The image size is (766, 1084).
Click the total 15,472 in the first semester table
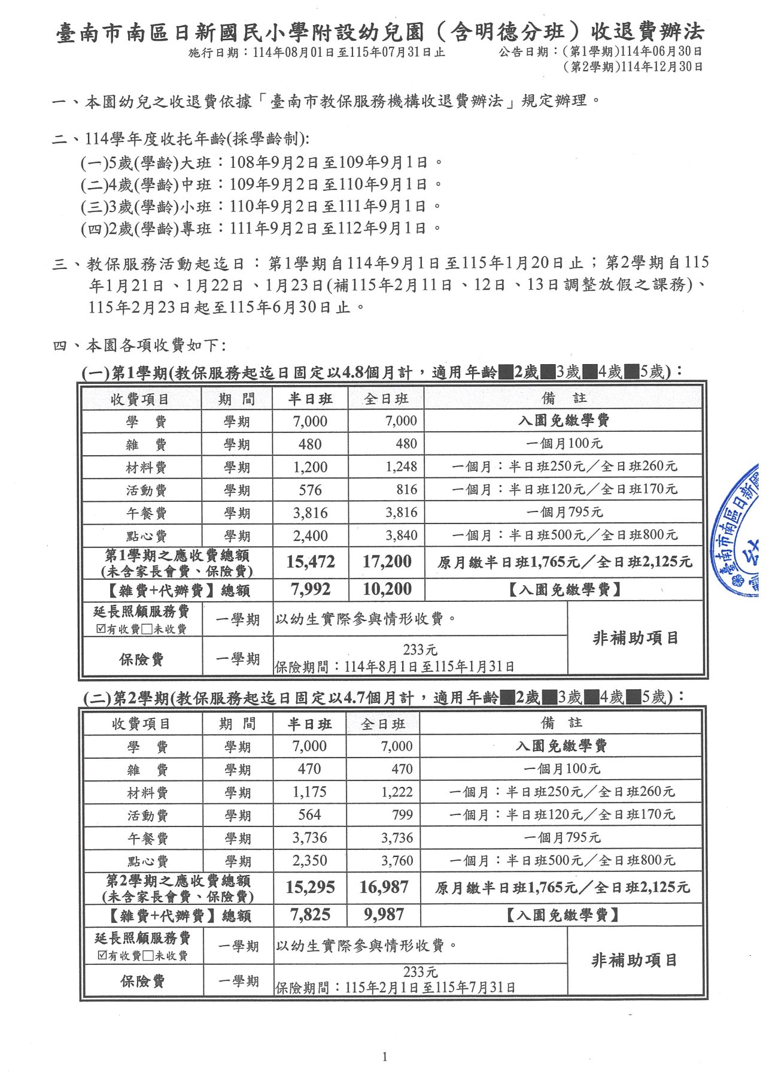tap(310, 562)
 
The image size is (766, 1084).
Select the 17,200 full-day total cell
tap(387, 562)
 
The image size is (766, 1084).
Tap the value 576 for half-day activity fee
tap(310, 490)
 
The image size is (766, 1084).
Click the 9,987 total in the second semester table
tap(384, 915)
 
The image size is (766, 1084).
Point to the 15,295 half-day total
tap(310, 887)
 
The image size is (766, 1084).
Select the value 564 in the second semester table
tap(309, 814)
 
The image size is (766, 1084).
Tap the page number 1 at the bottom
tap(384, 1056)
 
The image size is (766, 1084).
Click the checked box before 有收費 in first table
tap(101, 629)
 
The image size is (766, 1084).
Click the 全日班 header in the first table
tap(386, 399)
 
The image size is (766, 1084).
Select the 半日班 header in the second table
tap(309, 724)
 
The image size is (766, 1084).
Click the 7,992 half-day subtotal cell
tap(310, 589)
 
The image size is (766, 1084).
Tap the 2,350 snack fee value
tap(309, 861)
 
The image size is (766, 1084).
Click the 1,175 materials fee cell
tap(309, 792)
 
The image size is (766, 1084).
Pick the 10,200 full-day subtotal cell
tap(387, 589)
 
